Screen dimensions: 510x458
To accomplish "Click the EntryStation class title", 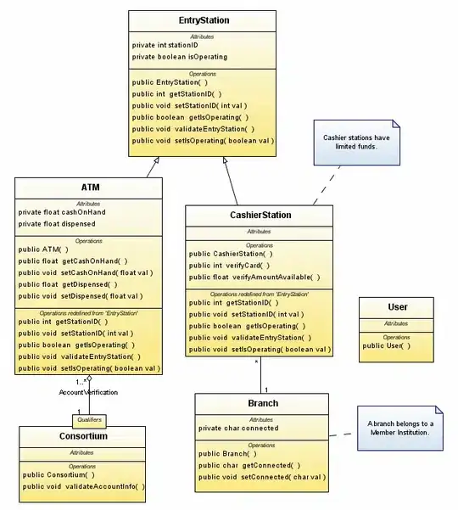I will tap(204, 20).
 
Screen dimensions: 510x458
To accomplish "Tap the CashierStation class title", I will tap(260, 216).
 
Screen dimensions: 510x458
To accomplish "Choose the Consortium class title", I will tap(82, 436).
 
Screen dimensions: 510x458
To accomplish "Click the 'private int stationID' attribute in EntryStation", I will tap(165, 45).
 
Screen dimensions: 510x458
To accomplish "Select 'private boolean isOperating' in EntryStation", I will tap(180, 57).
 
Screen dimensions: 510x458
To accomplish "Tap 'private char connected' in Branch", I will tap(238, 429).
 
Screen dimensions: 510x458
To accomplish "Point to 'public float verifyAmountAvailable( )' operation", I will tap(254, 277).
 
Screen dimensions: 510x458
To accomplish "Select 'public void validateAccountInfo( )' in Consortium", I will tap(84, 486).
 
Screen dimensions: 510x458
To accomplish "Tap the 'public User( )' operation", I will tap(387, 345).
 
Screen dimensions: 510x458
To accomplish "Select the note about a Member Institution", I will tap(399, 428).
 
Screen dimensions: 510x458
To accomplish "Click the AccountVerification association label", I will tap(88, 392).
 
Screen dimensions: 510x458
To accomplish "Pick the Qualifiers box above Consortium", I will tap(89, 419).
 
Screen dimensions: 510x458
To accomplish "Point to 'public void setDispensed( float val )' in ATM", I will tap(81, 296).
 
